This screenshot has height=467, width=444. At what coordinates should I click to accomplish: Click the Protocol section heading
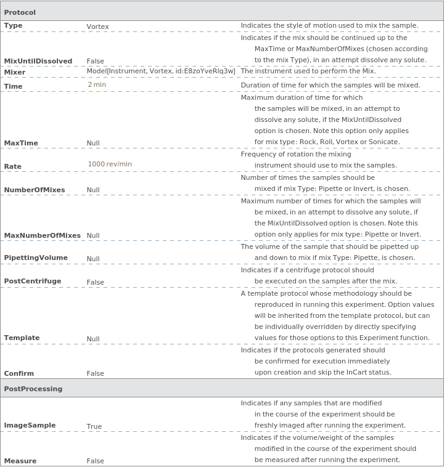pos(20,12)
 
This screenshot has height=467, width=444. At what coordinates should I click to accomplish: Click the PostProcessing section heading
pos(33,389)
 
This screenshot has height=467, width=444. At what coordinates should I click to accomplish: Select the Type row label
pos(13,26)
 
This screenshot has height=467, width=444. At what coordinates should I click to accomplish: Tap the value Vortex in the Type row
pos(97,27)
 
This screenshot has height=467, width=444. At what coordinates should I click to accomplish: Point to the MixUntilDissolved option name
pos(38,61)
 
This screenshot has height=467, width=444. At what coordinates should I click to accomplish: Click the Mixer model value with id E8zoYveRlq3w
pos(161,71)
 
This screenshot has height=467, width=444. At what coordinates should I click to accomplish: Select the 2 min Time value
pos(97,84)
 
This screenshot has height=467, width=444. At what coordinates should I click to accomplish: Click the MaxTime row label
pos(21,143)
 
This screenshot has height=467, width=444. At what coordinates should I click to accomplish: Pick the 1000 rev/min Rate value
pos(110,164)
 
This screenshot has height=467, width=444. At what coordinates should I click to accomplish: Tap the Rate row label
pos(13,166)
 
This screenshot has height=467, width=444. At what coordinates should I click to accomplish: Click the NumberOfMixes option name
pos(35,190)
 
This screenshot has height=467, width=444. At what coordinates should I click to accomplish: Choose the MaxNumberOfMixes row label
pos(43,235)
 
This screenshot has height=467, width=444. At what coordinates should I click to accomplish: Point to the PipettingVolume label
pos(36,258)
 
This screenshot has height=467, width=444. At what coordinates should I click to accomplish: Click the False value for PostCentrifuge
pos(95,282)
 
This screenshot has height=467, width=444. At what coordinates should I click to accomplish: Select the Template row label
pos(22,338)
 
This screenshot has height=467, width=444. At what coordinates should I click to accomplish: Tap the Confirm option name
pos(19,373)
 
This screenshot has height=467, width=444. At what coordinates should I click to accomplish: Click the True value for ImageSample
pos(94,426)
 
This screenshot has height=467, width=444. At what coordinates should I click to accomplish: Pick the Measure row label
pos(20,461)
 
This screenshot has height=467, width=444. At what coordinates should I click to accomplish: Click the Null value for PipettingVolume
pos(93,259)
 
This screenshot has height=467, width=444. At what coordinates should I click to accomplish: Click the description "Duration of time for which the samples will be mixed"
pos(330,85)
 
